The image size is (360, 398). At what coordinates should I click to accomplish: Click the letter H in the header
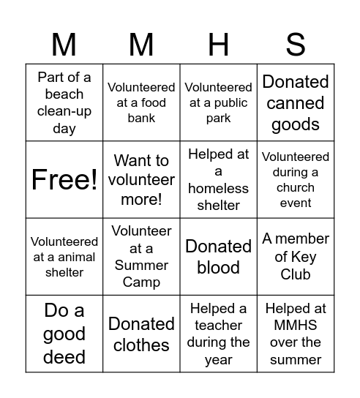[219, 45]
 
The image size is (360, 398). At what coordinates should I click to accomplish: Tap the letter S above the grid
[296, 45]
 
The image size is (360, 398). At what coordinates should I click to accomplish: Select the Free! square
[64, 180]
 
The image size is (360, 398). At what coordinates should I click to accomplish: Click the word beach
[64, 94]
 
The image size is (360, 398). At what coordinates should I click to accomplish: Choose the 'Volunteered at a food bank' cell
[141, 102]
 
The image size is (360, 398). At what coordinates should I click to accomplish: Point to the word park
[219, 119]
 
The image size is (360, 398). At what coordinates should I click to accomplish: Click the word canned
[296, 103]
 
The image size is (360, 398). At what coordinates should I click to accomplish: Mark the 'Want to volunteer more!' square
[141, 180]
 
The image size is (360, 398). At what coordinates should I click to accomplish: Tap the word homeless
[219, 188]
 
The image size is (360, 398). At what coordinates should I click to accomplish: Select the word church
[296, 187]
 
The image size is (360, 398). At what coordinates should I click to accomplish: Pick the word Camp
[141, 282]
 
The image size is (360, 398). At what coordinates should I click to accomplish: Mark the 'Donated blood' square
[219, 257]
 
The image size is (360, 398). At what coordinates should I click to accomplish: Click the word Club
[296, 274]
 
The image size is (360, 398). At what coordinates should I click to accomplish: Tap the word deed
[64, 357]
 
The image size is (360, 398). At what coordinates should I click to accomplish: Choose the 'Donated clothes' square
[141, 334]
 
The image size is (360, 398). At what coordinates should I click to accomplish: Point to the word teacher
[219, 325]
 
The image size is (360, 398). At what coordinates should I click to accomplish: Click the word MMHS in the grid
[296, 325]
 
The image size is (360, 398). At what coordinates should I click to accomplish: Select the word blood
[219, 268]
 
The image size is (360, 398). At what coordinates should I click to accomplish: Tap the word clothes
[141, 345]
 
